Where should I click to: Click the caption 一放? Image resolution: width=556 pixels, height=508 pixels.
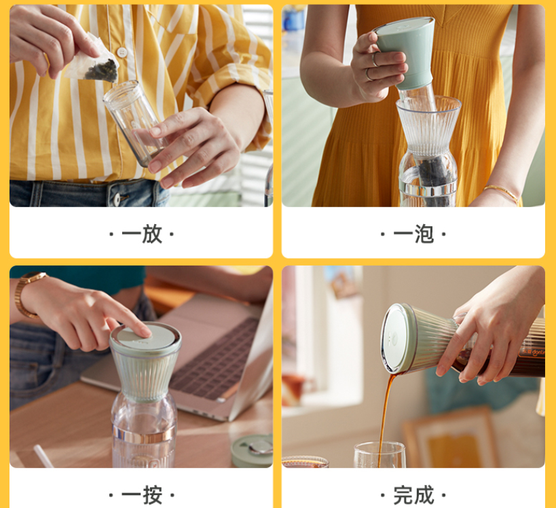tap(141, 234)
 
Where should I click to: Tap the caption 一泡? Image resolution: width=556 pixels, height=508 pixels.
tap(413, 234)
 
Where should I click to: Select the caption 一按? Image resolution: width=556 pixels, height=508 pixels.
tap(141, 495)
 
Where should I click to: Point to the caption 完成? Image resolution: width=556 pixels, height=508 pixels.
tap(413, 495)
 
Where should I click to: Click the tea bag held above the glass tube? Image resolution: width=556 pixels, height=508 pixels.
tap(94, 62)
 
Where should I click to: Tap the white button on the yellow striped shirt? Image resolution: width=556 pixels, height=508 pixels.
tap(122, 52)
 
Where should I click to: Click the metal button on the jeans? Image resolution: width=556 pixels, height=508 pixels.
tap(117, 199)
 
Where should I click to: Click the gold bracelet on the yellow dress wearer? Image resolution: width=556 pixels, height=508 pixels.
tap(502, 193)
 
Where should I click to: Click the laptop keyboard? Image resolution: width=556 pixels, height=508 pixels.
tap(216, 359)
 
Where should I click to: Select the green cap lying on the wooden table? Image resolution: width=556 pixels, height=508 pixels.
tap(252, 451)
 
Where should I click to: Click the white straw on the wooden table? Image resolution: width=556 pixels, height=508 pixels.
tap(43, 456)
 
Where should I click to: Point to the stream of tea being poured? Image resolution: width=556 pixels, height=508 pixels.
tap(386, 415)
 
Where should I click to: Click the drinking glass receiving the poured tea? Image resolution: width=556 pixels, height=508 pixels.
tap(379, 454)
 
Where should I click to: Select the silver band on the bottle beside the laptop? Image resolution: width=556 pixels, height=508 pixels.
tap(144, 433)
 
